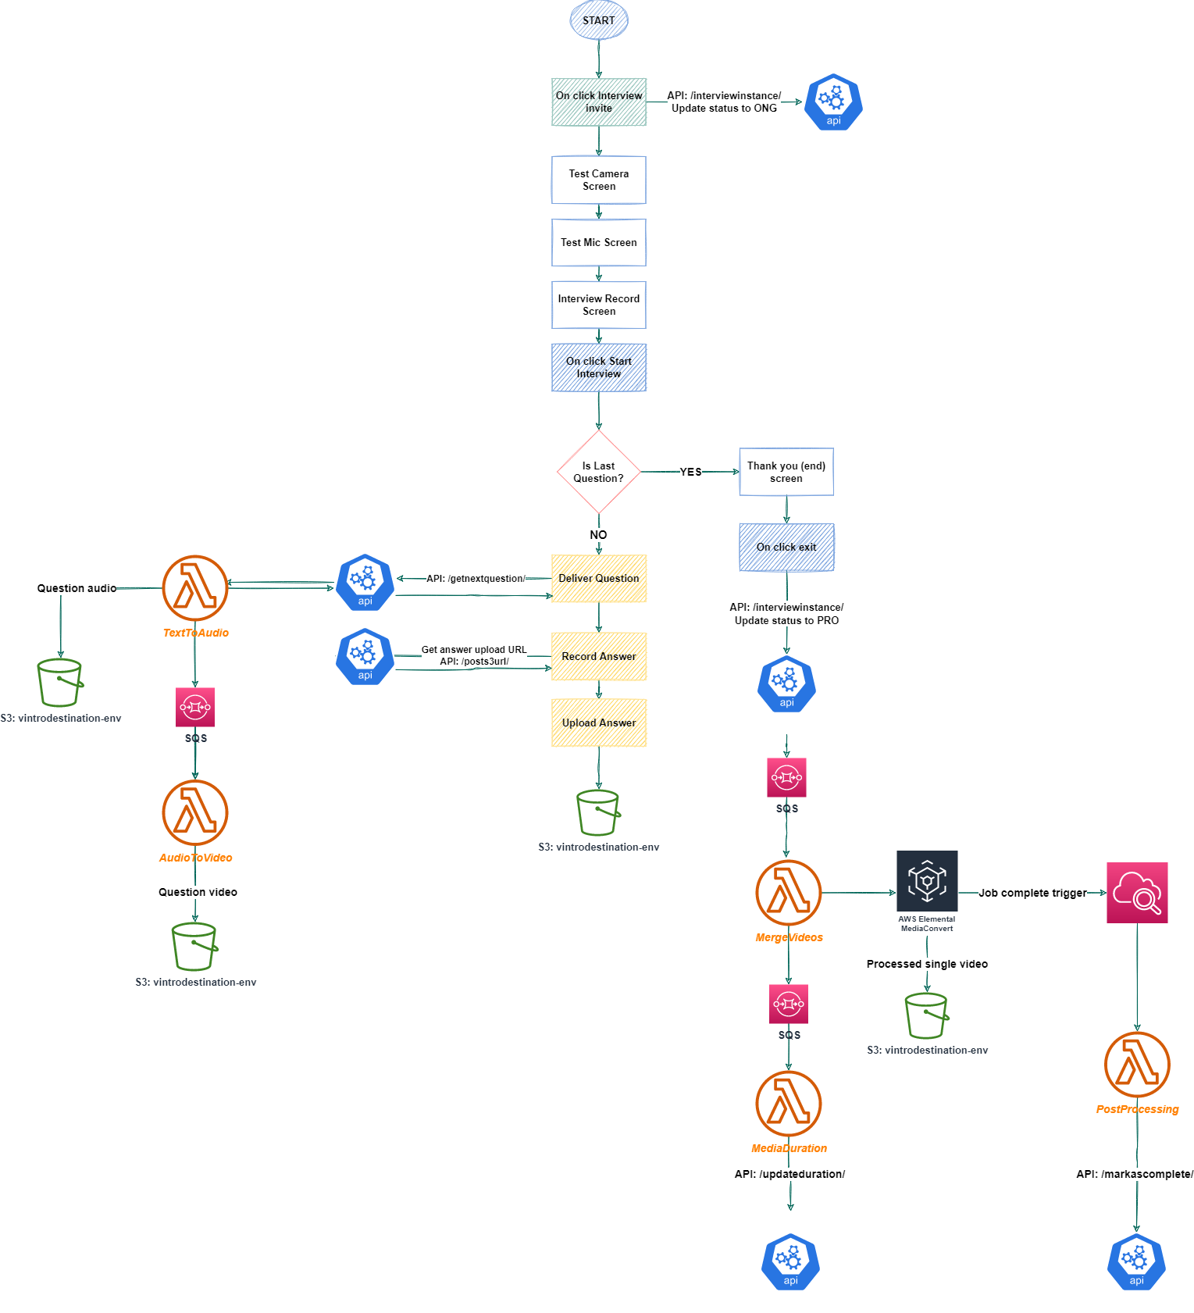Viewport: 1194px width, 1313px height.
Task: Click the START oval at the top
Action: (x=599, y=20)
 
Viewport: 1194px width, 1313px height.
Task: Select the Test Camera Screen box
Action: (x=599, y=180)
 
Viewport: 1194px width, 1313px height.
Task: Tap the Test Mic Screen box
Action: (x=599, y=242)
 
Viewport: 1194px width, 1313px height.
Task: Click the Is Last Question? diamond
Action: (x=599, y=472)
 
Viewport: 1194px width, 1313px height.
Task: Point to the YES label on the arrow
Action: (x=690, y=472)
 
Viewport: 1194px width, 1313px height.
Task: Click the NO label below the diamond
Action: (x=598, y=535)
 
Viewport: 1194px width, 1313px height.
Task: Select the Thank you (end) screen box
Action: (x=786, y=472)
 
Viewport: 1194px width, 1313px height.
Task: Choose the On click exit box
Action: (x=786, y=547)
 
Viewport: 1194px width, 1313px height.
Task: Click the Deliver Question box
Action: (x=599, y=578)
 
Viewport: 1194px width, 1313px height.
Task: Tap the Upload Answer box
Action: (x=599, y=723)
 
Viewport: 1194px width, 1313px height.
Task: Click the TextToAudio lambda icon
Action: (x=195, y=588)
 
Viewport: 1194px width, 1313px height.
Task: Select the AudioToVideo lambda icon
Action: (x=195, y=812)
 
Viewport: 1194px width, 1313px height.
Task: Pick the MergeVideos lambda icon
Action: (x=789, y=893)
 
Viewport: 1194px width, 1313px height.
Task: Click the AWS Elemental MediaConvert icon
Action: (x=927, y=881)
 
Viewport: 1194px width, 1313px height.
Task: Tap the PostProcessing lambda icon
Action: (x=1137, y=1065)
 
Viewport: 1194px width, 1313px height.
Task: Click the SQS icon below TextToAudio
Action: (x=195, y=707)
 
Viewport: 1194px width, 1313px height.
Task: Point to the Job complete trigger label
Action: (x=1032, y=893)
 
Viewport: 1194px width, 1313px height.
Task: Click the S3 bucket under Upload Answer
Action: (x=598, y=813)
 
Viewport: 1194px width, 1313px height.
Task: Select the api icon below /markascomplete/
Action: (x=1136, y=1261)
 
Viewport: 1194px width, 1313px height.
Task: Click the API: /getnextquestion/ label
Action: (x=476, y=579)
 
